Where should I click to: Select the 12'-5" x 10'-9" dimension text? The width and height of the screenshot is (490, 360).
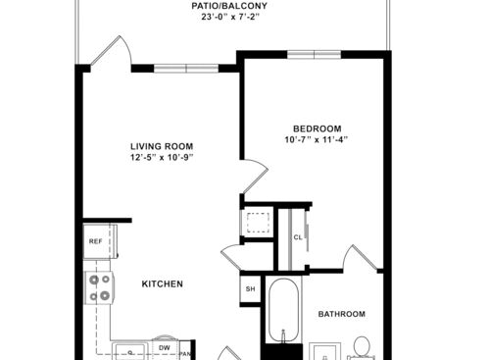[162, 157]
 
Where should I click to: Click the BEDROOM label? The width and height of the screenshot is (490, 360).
[317, 129]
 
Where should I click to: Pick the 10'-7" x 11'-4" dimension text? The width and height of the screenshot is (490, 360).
[317, 140]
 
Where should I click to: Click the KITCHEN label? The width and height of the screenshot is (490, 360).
[163, 283]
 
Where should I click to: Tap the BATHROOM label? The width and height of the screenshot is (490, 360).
[341, 314]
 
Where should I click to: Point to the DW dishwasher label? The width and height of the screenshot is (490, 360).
[165, 348]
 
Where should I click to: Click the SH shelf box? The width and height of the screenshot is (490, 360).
[250, 289]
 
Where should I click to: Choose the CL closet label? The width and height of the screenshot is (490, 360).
[298, 236]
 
